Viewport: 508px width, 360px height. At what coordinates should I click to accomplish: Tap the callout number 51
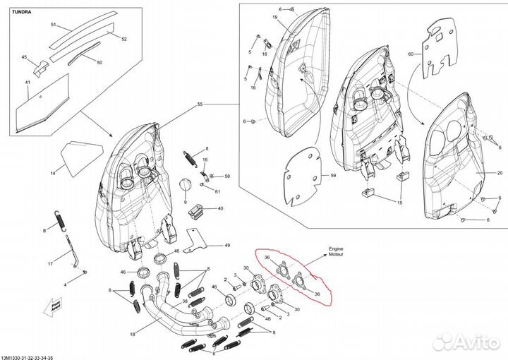[x=52, y=25]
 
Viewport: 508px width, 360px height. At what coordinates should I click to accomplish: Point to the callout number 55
[x=200, y=104]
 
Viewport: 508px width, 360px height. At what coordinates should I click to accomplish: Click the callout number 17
[x=50, y=263]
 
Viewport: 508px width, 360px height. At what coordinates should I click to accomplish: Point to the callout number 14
[x=52, y=172]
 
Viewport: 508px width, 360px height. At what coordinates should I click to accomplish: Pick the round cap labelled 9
[x=187, y=185]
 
